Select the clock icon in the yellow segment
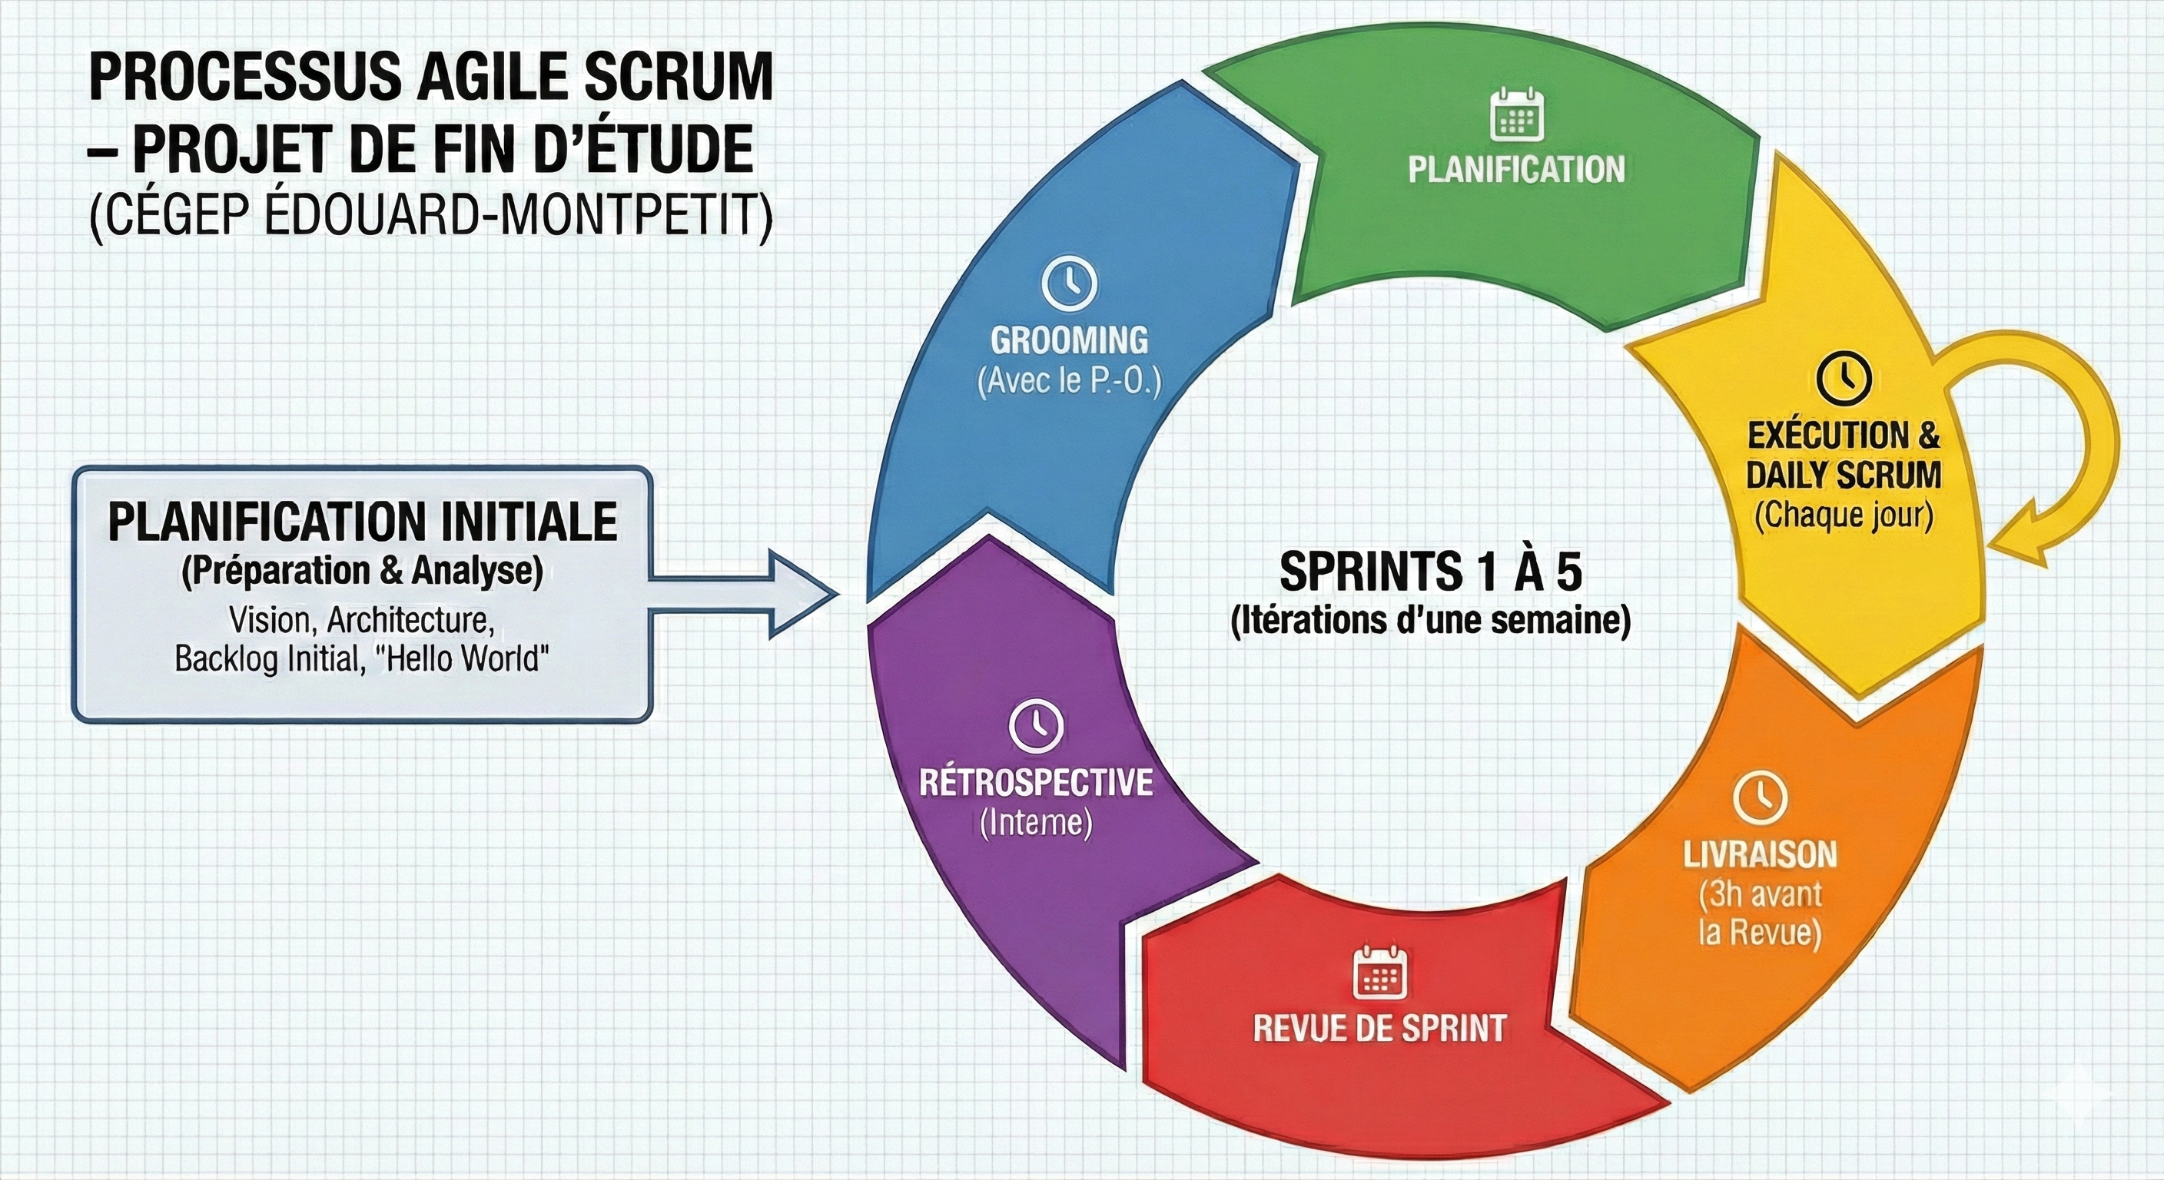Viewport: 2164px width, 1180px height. point(1844,377)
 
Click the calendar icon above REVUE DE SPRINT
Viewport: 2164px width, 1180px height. point(1379,972)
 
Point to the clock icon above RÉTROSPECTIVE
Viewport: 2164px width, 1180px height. point(1035,726)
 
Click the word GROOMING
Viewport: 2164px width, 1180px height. point(1069,340)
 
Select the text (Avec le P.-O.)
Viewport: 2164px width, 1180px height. point(1069,381)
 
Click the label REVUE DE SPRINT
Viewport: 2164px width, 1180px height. point(1379,1028)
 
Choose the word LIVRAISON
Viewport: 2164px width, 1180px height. point(1760,855)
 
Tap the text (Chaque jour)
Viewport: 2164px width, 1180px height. point(1844,515)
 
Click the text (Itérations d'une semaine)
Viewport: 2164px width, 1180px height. point(1431,620)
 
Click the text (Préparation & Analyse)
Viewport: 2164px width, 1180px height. point(362,571)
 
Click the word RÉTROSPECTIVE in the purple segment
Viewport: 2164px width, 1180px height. point(1035,782)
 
